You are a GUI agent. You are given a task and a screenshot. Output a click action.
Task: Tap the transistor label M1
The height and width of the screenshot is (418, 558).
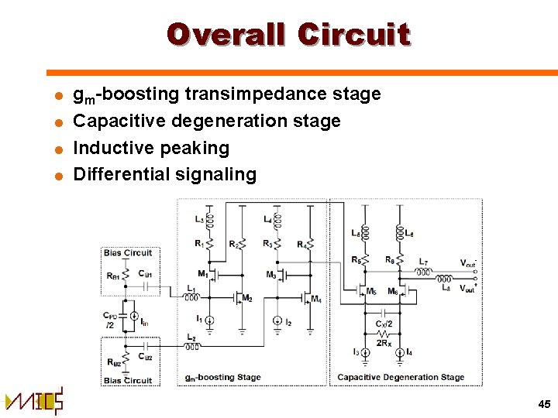[x=203, y=273]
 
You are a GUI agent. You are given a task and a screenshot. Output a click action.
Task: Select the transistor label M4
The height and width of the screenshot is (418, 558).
[x=315, y=300]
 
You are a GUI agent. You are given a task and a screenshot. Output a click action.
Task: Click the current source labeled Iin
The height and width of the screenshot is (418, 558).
[x=134, y=319]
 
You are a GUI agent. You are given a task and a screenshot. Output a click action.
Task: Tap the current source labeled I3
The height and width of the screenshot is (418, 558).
[x=365, y=352]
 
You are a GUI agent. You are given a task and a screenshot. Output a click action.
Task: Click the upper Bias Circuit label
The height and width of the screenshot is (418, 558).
[x=127, y=252]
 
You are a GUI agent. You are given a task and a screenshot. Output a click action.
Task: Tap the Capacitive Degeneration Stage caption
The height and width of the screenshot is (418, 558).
[x=401, y=378]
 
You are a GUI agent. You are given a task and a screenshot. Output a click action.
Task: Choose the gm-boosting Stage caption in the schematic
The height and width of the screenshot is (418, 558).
[x=222, y=378]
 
